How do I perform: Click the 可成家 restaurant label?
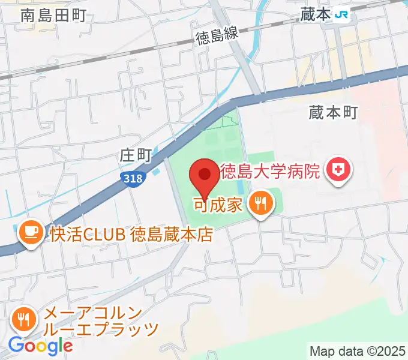[x=217, y=205]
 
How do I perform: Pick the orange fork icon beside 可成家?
[x=261, y=203]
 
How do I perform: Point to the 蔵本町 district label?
[x=333, y=112]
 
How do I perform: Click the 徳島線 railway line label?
[x=217, y=35]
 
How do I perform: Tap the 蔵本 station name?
[x=316, y=14]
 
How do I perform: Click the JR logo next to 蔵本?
[x=343, y=14]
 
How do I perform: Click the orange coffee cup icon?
[x=30, y=232]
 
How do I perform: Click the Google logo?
[x=40, y=346]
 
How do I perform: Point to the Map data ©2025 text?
[x=356, y=350]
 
